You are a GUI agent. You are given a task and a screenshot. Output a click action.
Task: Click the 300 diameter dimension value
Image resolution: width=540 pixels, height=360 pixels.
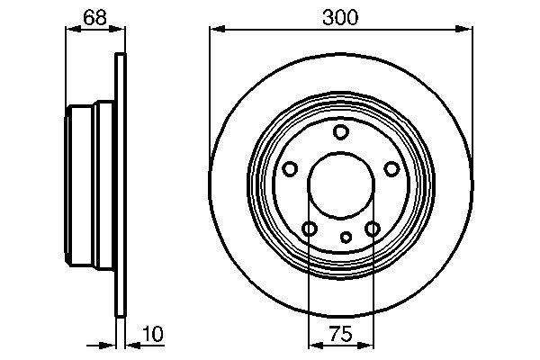[x=340, y=17]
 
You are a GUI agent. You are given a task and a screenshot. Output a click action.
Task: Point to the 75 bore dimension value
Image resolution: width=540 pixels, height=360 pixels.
[x=340, y=334]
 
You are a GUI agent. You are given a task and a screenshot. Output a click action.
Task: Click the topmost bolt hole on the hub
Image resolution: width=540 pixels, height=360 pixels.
[x=340, y=133]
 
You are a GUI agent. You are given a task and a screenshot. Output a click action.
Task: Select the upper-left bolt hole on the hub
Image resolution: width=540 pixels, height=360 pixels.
[x=290, y=169]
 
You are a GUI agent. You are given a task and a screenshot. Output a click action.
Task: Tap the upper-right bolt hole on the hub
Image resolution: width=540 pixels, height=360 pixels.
[x=391, y=169]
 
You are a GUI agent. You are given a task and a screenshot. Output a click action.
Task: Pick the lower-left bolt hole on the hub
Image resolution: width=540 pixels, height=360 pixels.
[x=309, y=229]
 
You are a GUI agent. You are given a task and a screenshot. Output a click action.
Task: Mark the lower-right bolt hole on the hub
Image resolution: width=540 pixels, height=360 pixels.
[x=372, y=229]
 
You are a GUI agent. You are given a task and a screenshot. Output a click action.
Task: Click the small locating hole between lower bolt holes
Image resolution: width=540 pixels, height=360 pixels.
[x=346, y=238]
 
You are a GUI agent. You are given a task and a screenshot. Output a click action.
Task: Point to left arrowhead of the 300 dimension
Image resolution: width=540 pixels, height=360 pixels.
[x=216, y=30]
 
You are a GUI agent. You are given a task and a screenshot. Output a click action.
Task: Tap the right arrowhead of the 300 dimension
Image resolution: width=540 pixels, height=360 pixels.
[x=465, y=30]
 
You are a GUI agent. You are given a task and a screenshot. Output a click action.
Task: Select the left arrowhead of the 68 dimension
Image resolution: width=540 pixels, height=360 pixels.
[x=72, y=30]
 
